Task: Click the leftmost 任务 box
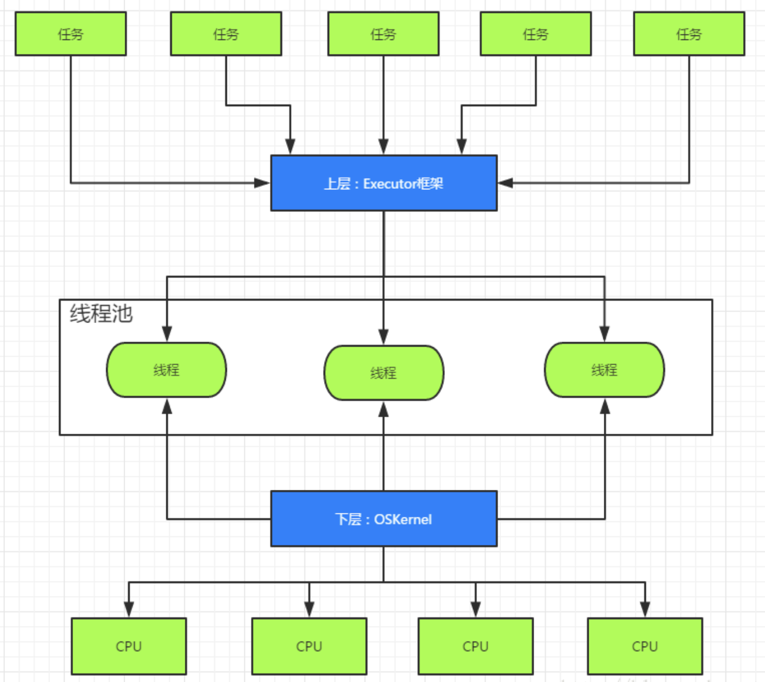point(71,34)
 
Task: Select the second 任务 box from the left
point(226,34)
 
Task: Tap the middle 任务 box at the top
point(383,34)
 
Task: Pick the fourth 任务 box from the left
point(535,34)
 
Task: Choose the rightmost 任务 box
point(689,34)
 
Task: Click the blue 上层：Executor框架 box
point(384,183)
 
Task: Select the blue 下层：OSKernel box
point(384,519)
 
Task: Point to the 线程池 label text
point(101,313)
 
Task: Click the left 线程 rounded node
point(166,370)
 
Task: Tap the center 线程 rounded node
point(384,372)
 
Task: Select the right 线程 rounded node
point(604,370)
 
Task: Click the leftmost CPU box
point(129,646)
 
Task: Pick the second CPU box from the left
point(309,646)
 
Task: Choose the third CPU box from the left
point(475,646)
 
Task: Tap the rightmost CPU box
point(645,646)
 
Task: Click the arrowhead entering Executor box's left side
point(263,183)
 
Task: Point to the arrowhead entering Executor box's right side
point(505,183)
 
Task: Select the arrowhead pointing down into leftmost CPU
point(129,610)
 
